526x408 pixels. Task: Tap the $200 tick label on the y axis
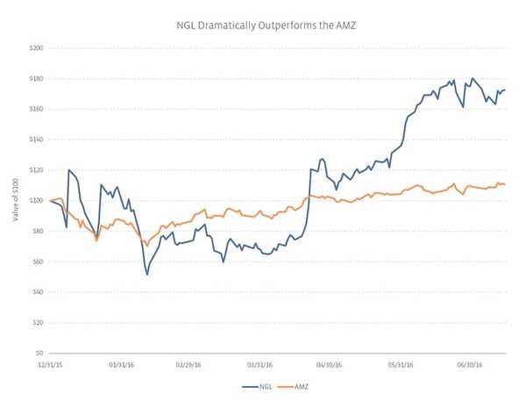pyautogui.click(x=36, y=48)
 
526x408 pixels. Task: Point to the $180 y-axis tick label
pyautogui.click(x=36, y=79)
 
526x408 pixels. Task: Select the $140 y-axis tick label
pyautogui.click(x=36, y=140)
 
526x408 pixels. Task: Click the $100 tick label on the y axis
pyautogui.click(x=36, y=201)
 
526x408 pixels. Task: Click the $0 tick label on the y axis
pyautogui.click(x=39, y=353)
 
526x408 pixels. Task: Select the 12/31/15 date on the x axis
pyautogui.click(x=50, y=362)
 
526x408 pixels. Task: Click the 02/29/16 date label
pyautogui.click(x=189, y=362)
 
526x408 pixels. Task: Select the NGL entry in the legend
pyautogui.click(x=257, y=386)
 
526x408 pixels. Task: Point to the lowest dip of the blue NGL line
pyautogui.click(x=147, y=275)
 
